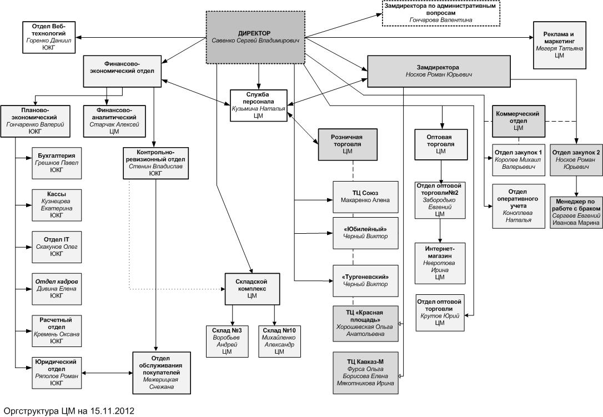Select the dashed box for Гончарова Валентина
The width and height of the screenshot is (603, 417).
[x=441, y=13]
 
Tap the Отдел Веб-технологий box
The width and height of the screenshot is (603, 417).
[x=49, y=37]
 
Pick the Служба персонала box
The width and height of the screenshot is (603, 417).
[x=258, y=104]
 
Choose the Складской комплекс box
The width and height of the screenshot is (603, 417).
[x=252, y=288]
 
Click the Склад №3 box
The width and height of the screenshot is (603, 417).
[x=226, y=340]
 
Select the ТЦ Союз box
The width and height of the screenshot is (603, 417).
[x=365, y=197]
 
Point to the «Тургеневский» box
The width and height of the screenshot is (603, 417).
[x=365, y=280]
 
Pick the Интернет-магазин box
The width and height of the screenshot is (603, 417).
[x=440, y=262]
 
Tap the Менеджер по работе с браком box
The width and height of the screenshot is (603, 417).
[x=575, y=212]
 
